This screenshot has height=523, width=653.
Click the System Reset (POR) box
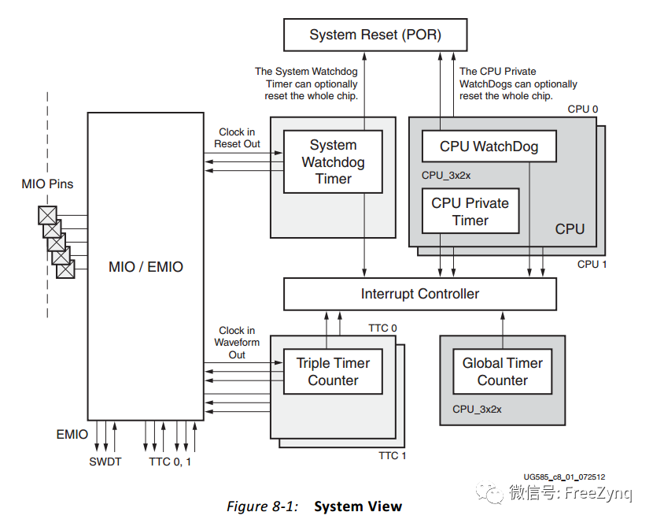click(x=375, y=35)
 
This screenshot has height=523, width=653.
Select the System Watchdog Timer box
click(x=333, y=161)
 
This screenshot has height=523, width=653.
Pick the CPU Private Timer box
click(x=470, y=211)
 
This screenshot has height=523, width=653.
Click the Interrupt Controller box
click(x=419, y=294)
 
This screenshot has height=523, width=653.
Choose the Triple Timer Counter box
click(x=333, y=371)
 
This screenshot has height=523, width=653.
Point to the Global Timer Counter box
click(x=502, y=371)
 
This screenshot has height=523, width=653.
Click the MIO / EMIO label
click(x=146, y=267)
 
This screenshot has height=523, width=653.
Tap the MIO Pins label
click(x=47, y=184)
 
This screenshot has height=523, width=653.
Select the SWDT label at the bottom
click(x=105, y=462)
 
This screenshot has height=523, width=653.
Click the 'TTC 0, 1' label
click(x=170, y=462)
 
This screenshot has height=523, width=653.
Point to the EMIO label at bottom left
click(x=72, y=434)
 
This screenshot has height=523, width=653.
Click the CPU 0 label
click(x=583, y=109)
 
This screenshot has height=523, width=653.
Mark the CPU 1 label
click(x=592, y=264)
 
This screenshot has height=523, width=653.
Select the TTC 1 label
click(x=393, y=456)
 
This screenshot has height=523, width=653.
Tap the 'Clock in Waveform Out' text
click(x=237, y=343)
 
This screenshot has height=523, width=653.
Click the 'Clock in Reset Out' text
click(x=237, y=138)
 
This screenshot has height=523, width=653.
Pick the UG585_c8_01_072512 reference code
click(x=564, y=477)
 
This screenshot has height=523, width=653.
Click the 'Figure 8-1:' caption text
click(x=262, y=506)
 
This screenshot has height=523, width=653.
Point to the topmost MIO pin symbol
click(x=48, y=214)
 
